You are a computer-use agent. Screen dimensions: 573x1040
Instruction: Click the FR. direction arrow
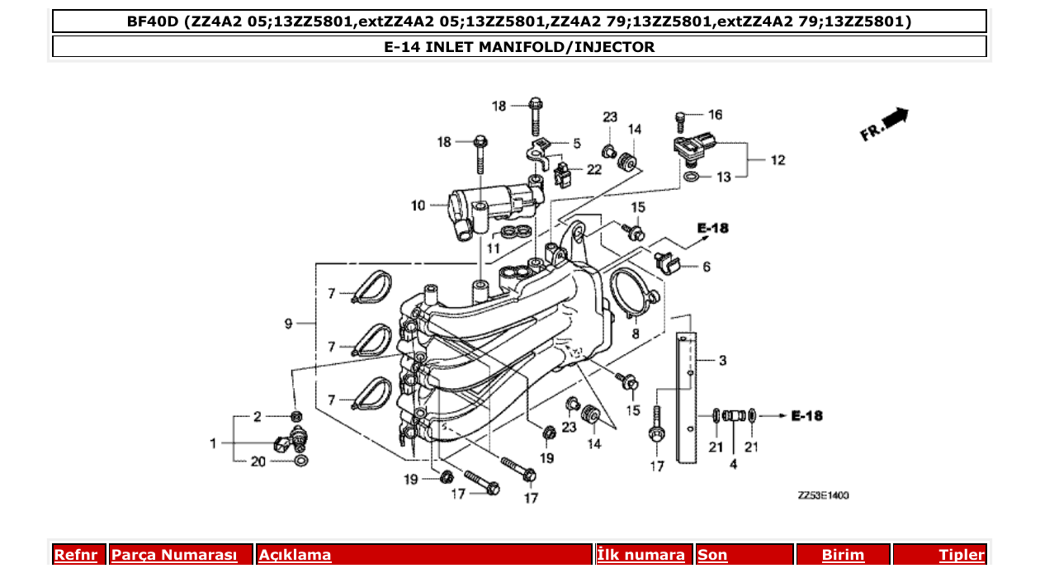tap(886, 124)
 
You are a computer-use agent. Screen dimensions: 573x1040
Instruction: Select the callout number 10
tap(418, 205)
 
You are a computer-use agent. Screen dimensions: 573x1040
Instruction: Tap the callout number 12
tap(778, 160)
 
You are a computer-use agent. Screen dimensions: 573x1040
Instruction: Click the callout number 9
tap(289, 324)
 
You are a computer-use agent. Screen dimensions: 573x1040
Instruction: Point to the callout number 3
tap(722, 361)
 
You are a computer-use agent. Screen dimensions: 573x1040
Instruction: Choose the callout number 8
tap(635, 334)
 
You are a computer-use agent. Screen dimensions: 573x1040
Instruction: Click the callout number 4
tap(733, 465)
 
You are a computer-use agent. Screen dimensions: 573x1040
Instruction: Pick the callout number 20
tap(258, 462)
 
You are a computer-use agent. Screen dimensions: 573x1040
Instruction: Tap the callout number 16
tap(715, 115)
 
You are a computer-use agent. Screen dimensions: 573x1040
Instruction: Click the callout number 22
tap(594, 169)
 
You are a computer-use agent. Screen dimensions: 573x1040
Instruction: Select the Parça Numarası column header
tap(174, 555)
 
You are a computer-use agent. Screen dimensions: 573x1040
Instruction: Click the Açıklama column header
tap(295, 555)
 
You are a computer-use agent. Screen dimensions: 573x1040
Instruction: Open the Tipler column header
tap(961, 555)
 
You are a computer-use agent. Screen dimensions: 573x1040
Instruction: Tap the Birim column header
tap(843, 555)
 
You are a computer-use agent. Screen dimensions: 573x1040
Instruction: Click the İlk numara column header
tap(641, 555)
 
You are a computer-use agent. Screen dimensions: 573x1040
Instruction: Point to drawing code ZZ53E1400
tap(823, 495)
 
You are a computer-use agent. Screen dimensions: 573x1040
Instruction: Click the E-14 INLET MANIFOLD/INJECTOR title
tap(519, 47)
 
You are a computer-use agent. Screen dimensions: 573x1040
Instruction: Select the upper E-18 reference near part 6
tap(712, 228)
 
